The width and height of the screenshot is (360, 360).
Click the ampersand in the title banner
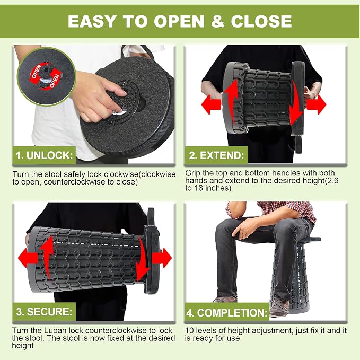[x=218, y=21]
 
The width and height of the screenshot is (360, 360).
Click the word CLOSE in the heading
[x=261, y=21]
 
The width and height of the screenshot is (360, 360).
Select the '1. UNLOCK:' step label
[x=44, y=155]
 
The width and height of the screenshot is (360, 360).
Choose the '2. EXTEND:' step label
[x=216, y=155]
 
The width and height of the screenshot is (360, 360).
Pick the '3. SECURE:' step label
[x=44, y=312]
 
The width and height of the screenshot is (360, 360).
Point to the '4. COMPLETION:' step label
[x=227, y=312]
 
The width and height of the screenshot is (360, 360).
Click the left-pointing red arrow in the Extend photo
[x=211, y=104]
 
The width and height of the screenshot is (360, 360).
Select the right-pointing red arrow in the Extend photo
[x=316, y=104]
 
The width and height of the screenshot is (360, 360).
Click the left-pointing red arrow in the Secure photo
[x=28, y=258]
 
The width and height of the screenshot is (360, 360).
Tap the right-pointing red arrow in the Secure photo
[x=162, y=258]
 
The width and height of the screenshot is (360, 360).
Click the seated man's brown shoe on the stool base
[x=279, y=306]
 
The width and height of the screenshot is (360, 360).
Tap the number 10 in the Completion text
[x=190, y=331]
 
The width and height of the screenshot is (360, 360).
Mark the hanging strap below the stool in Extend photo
[x=298, y=144]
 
